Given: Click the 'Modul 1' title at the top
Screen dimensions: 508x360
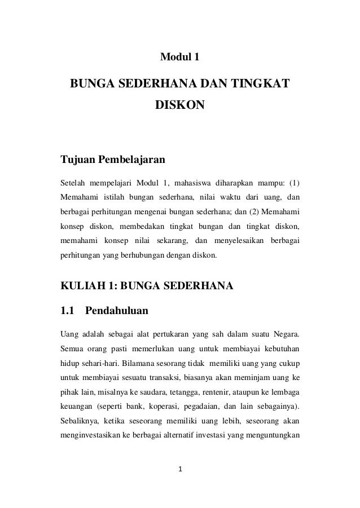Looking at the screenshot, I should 180,57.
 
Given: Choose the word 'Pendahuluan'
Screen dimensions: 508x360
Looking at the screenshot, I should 116,310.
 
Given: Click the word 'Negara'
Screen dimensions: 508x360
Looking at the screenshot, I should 285,330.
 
